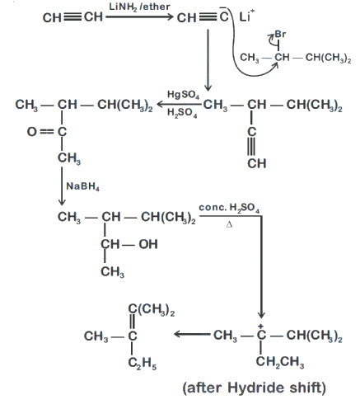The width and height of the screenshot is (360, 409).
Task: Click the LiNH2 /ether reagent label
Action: point(139,7)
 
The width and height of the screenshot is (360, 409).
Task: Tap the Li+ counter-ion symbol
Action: point(247,16)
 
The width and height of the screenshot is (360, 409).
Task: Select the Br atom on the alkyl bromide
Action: point(280,35)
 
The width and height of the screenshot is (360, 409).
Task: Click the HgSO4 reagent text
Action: point(183,95)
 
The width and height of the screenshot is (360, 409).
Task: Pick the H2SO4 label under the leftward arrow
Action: point(182,113)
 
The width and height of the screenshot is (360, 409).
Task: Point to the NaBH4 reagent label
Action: point(82,186)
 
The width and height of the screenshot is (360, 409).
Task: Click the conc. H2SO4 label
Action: point(229,208)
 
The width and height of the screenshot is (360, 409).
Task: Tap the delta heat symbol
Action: point(229,225)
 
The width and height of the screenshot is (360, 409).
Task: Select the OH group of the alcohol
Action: point(148,244)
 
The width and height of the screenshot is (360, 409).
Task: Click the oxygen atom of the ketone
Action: point(31,132)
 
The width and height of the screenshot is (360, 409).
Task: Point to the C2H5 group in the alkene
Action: point(143,364)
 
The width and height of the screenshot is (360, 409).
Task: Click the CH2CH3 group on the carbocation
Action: point(280,362)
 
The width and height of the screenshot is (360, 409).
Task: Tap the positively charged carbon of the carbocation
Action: point(261,334)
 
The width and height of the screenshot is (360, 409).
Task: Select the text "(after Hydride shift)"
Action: point(255,388)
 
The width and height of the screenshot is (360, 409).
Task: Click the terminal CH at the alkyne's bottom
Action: point(257,163)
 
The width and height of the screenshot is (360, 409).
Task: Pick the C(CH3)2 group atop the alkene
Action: point(152,310)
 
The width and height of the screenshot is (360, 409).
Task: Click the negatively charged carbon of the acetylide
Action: point(224,17)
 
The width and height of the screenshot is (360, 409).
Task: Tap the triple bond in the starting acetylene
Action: point(72,17)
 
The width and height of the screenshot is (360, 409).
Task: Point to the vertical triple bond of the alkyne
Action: point(251,147)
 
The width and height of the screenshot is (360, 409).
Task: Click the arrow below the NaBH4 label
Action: point(62,186)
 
